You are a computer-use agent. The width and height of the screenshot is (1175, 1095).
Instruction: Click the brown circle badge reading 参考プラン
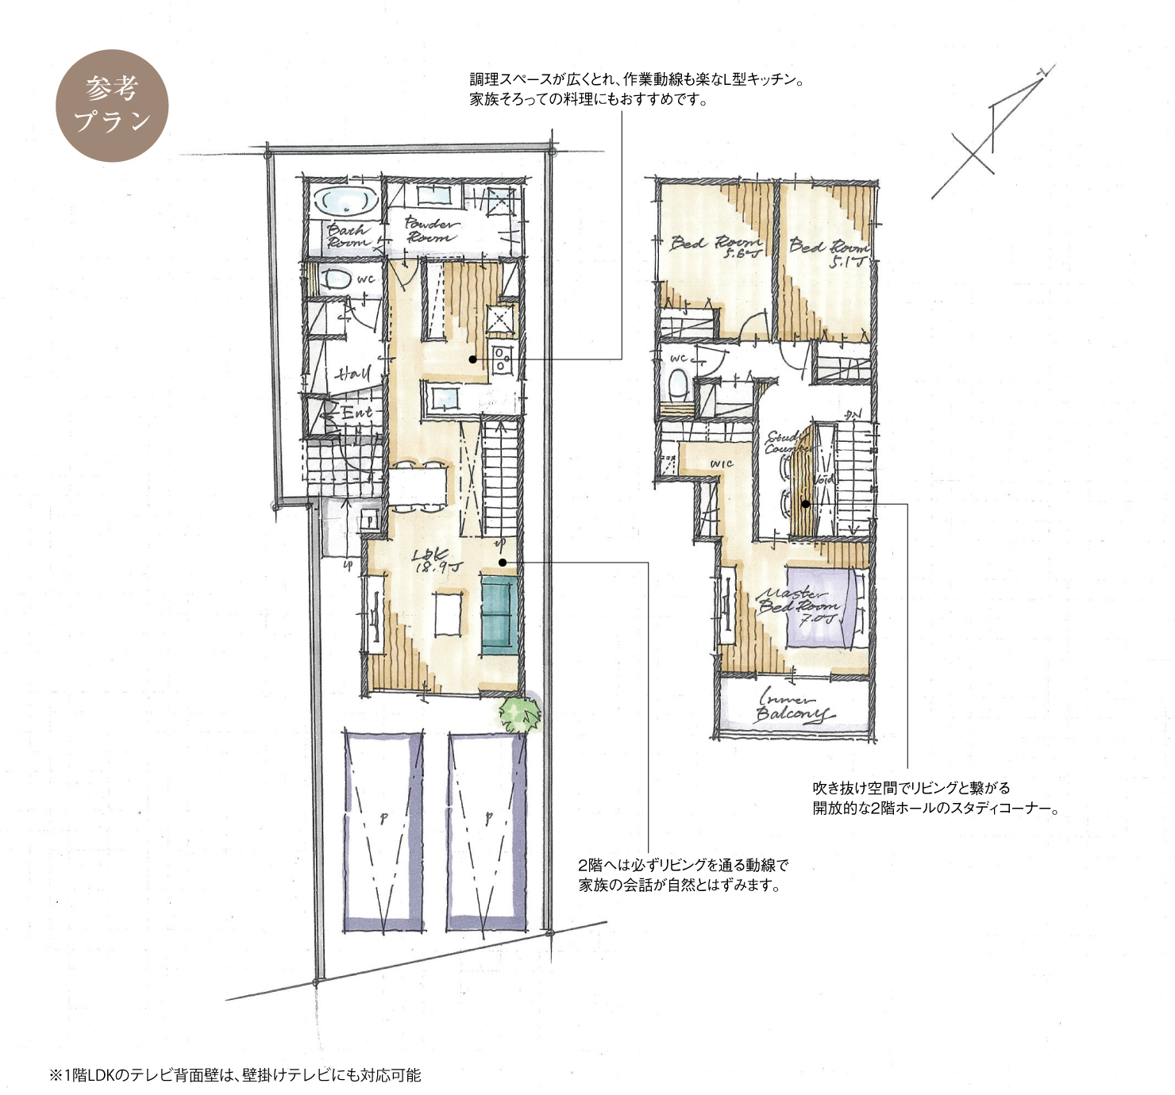coord(112,106)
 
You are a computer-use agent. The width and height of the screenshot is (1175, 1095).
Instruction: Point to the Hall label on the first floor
coord(352,372)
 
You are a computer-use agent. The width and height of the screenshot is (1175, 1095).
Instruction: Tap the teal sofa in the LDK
coord(499,616)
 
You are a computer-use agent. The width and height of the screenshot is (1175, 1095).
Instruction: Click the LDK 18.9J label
coord(432,561)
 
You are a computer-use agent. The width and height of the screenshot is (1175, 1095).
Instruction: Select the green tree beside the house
coord(520,713)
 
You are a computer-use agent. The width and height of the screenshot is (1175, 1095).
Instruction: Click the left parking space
coord(382,829)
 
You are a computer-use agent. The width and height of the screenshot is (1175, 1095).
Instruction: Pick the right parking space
coord(486,829)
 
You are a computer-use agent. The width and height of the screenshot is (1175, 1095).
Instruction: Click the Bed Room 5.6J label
coord(715,245)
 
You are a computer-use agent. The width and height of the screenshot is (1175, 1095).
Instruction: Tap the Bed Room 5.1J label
coord(828,250)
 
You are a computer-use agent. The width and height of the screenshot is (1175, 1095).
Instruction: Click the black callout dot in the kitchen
coord(472,359)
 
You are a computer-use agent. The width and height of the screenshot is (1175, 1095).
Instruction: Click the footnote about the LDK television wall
coord(236,1076)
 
